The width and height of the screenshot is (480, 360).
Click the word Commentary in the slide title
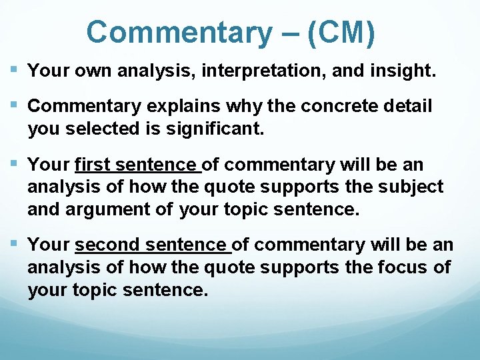pyautogui.click(x=176, y=32)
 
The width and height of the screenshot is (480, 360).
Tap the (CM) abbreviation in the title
pyautogui.click(x=341, y=32)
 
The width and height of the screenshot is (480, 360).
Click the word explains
pyautogui.click(x=163, y=106)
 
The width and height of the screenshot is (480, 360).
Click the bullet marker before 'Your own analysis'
pyautogui.click(x=15, y=70)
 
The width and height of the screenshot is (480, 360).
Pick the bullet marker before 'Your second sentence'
pyautogui.click(x=15, y=245)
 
